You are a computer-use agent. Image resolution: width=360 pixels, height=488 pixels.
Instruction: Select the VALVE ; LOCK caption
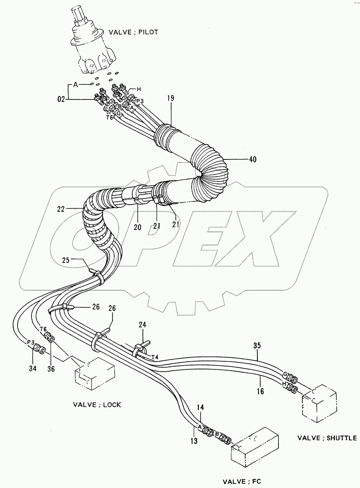[97, 405]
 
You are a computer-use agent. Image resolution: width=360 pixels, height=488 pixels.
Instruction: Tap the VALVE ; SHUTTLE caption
[327, 438]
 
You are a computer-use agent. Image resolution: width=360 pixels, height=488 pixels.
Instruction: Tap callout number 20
[137, 227]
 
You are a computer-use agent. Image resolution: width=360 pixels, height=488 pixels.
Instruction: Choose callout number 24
[142, 325]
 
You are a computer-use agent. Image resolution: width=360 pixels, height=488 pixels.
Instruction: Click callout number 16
[261, 391]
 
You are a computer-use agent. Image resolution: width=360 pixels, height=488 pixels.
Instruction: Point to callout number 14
[200, 408]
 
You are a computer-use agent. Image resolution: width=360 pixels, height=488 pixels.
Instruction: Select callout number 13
[194, 441]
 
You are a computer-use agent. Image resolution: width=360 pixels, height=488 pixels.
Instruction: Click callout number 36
[51, 368]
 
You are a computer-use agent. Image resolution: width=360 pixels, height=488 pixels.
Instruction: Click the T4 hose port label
[155, 357]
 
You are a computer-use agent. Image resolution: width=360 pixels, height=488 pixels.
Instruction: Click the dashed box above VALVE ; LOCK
[94, 374]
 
